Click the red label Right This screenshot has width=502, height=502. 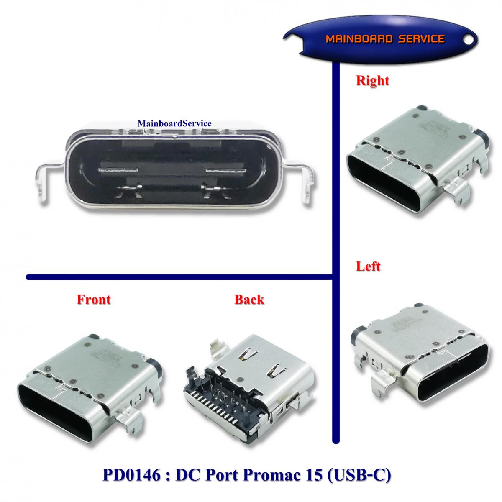click(x=372, y=80)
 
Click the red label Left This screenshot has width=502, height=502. click(x=368, y=266)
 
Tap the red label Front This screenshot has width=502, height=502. click(x=94, y=300)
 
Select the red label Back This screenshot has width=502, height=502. click(x=249, y=300)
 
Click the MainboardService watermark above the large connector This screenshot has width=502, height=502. click(x=174, y=123)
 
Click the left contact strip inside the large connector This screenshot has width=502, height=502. click(x=118, y=171)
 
